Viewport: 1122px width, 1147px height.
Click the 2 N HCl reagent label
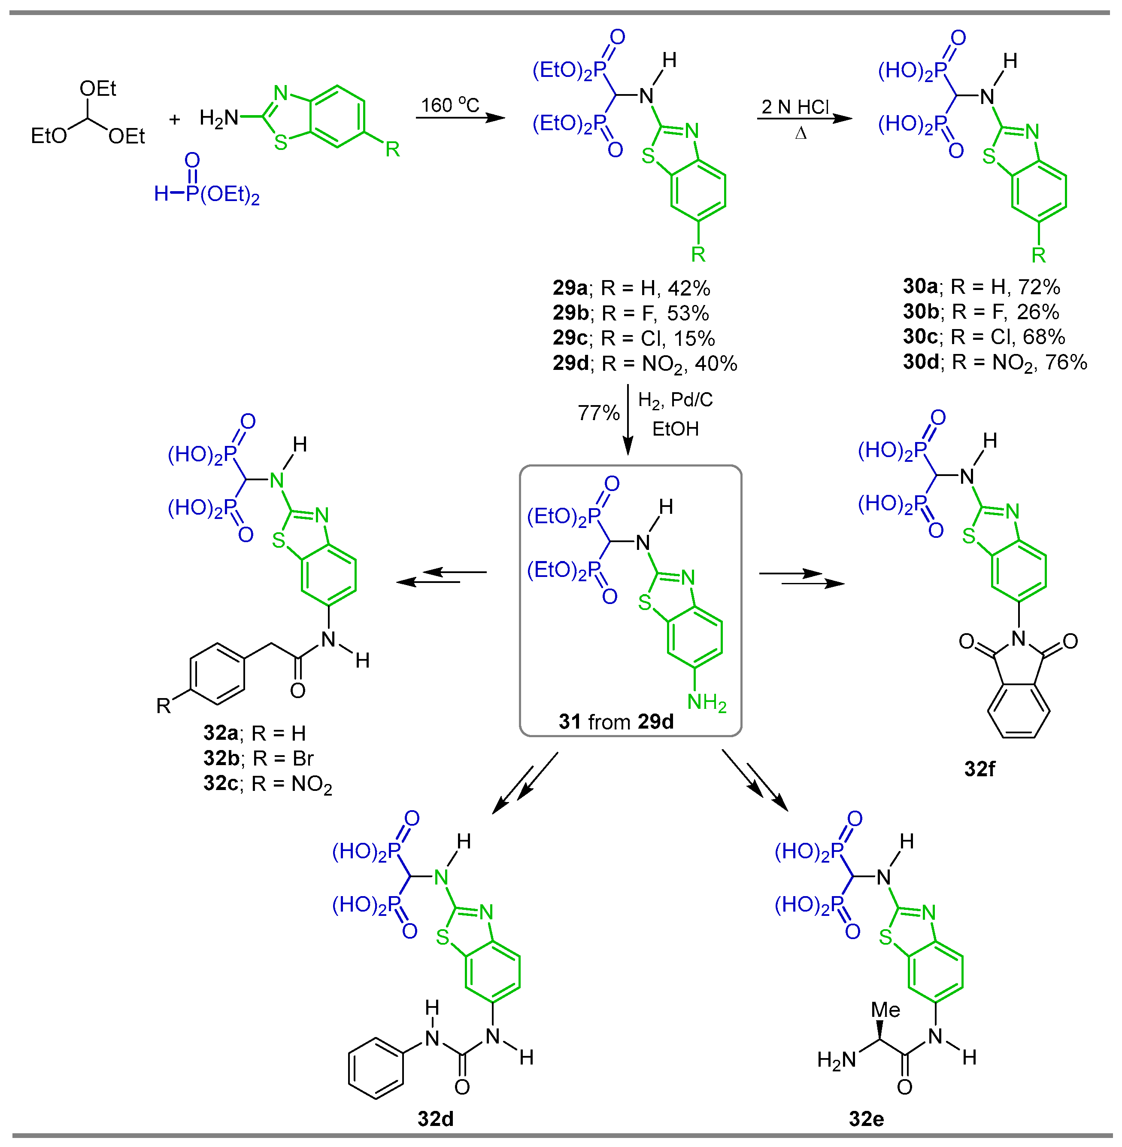click(795, 107)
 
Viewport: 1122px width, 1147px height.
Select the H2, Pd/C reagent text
click(675, 400)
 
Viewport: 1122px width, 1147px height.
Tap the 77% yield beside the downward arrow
click(598, 413)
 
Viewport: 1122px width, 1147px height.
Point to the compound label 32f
click(979, 769)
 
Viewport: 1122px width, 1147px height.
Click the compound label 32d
click(436, 1119)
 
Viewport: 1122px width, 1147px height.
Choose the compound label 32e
click(866, 1119)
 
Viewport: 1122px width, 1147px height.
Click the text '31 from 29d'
click(616, 722)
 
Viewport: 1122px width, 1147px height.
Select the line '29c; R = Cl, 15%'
click(634, 338)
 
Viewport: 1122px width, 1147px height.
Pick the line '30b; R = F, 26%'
click(981, 311)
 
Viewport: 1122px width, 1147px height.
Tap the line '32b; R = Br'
click(258, 758)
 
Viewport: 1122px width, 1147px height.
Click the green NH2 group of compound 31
click(707, 702)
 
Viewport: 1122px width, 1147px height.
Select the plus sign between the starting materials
click(174, 120)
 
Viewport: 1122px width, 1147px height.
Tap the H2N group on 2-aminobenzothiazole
click(218, 119)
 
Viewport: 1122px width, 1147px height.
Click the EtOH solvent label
click(675, 429)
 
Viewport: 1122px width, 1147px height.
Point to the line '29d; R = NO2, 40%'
click(645, 363)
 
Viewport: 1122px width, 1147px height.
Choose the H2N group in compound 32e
click(836, 1060)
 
